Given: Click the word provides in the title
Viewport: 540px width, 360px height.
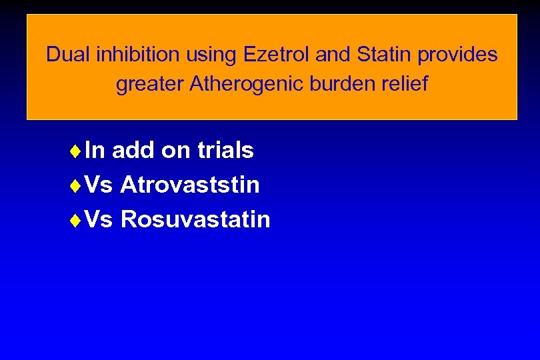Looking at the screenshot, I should [x=458, y=55].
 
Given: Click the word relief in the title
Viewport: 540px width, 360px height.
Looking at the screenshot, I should [x=403, y=85].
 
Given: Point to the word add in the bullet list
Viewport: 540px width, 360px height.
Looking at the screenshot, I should [x=133, y=151].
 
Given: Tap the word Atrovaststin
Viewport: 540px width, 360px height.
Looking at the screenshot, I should [x=190, y=185].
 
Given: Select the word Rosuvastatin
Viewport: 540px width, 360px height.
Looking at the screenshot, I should [x=195, y=219].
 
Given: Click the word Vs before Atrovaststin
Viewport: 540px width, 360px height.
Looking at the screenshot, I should [x=99, y=185].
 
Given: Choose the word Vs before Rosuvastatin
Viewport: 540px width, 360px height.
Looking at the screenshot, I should [x=99, y=219].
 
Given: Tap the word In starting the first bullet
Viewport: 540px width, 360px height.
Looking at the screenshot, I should [x=95, y=151].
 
